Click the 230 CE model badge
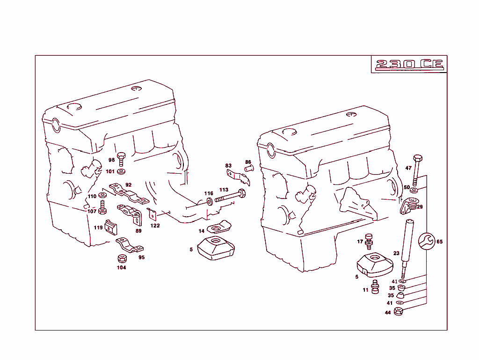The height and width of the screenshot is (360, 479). click(409, 65)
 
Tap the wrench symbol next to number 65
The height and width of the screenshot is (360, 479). click(426, 242)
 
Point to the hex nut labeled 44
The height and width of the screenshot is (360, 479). click(398, 312)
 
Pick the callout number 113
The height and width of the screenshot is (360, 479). click(224, 190)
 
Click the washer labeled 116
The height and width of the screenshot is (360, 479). click(209, 201)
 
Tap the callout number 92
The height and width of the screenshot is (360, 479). click(128, 185)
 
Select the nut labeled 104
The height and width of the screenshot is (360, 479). click(121, 258)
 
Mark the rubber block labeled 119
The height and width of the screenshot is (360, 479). click(111, 227)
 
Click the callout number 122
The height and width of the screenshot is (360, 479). click(155, 226)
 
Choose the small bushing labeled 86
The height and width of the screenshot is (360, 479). click(248, 169)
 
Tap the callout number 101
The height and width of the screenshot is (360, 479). click(109, 171)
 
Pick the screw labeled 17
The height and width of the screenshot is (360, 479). click(369, 240)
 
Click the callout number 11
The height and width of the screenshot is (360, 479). click(365, 290)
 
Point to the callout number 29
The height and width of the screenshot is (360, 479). click(420, 206)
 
